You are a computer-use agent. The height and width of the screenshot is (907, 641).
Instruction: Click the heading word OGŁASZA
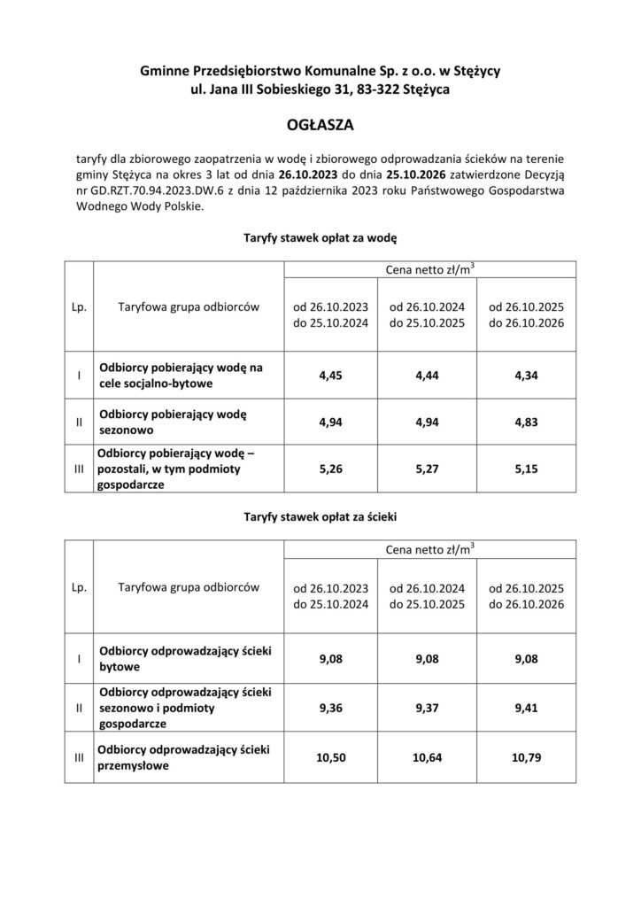pos(320,127)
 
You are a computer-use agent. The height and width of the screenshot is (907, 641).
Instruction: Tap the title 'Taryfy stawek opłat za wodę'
pos(320,239)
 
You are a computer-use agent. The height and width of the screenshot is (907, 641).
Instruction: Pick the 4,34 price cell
pos(526,376)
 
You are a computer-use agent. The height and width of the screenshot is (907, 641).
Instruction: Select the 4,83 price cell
pos(526,422)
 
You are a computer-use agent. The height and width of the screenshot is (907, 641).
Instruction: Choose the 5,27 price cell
pos(429,470)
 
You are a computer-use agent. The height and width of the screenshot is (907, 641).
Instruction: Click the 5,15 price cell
pos(526,470)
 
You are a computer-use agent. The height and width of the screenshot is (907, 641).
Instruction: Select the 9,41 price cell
pos(526,708)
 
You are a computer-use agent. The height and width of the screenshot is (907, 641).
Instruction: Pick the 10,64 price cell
pos(429,758)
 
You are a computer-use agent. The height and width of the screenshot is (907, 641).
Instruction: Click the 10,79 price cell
pos(526,758)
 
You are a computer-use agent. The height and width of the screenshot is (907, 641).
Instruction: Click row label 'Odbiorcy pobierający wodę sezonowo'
pos(174,422)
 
